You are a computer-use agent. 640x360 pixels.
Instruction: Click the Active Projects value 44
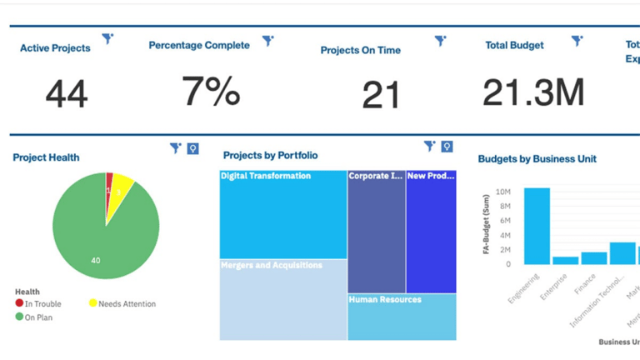[x=66, y=94]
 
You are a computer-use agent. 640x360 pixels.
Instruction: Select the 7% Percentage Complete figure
[x=211, y=91]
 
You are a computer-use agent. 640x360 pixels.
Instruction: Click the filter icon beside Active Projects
[x=107, y=38]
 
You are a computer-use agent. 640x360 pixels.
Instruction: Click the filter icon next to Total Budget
[x=577, y=40]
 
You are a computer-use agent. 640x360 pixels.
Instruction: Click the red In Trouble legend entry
[x=38, y=304]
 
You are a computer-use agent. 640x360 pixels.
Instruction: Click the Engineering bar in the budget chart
[x=537, y=226]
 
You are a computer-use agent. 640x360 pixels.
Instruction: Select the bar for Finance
[x=593, y=258]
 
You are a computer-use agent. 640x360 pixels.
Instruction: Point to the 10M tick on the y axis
[x=502, y=192]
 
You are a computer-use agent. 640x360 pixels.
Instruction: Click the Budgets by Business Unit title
[x=537, y=159]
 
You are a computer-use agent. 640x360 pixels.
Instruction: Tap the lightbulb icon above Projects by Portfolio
[x=447, y=147]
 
